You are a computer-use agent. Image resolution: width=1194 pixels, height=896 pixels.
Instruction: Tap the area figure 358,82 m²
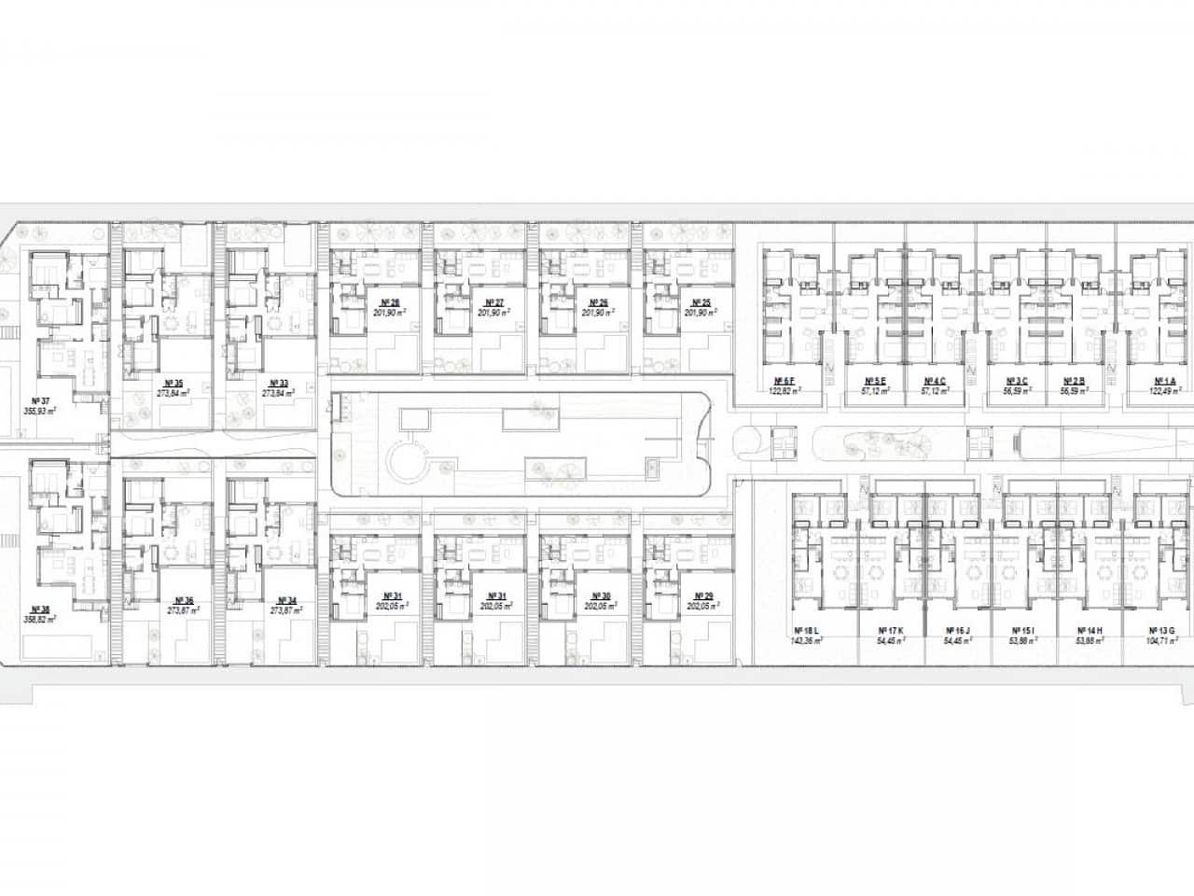click(39, 618)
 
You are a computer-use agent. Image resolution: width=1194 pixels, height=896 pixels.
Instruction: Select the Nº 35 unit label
click(173, 384)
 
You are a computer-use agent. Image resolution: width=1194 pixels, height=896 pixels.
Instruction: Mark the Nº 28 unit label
click(390, 302)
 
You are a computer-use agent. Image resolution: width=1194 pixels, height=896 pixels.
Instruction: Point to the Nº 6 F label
click(784, 381)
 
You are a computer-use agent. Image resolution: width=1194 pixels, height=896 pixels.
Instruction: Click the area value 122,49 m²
click(1163, 391)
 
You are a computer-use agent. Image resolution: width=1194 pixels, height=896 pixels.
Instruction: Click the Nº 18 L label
click(806, 631)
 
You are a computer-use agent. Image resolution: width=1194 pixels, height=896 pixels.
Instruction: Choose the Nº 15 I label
click(1008, 631)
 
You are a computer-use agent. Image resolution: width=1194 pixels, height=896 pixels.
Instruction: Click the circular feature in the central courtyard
click(407, 460)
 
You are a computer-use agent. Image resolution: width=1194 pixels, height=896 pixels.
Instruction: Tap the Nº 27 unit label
click(493, 302)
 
